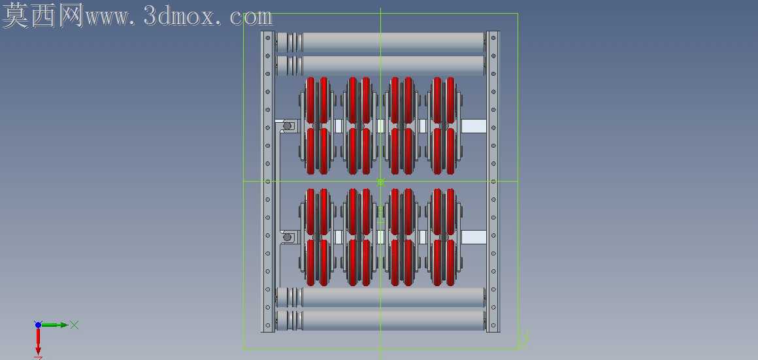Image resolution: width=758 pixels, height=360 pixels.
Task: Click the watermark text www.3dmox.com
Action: tap(178, 18)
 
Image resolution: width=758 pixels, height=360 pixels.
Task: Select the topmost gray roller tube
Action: tap(381, 42)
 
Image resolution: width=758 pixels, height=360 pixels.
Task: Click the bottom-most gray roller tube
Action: tap(381, 320)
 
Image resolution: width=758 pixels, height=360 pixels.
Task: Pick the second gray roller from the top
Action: tap(381, 66)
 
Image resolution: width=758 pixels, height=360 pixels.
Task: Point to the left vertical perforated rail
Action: tap(267, 182)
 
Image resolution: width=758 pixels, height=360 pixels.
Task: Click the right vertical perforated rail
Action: tap(493, 182)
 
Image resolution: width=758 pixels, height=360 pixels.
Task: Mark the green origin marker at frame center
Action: tap(380, 182)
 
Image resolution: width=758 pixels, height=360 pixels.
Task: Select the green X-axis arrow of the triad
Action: tap(55, 325)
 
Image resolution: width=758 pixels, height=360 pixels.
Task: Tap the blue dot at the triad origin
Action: tap(38, 325)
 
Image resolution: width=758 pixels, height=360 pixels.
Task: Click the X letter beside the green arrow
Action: tap(74, 325)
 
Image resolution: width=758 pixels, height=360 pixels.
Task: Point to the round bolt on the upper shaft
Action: tap(287, 126)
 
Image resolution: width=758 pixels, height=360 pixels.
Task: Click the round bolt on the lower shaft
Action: tap(287, 237)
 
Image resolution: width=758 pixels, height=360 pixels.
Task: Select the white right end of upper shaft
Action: tap(474, 126)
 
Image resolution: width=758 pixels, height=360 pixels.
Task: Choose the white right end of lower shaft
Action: tap(474, 237)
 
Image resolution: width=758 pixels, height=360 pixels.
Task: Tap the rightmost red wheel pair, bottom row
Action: tap(444, 237)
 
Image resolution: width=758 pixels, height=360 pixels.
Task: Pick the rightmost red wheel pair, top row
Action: tap(444, 125)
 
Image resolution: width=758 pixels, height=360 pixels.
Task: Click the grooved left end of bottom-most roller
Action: tap(289, 320)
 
